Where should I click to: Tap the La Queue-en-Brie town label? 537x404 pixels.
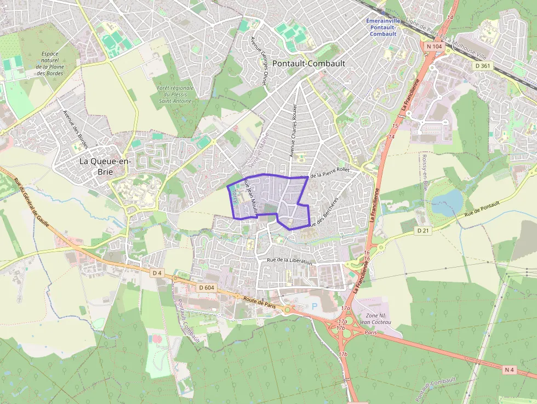(x=100, y=166)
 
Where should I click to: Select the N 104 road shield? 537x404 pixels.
(x=433, y=47)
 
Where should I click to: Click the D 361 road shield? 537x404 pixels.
(x=481, y=66)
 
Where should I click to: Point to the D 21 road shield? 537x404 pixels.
(x=422, y=231)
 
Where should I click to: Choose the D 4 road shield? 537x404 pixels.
(x=157, y=272)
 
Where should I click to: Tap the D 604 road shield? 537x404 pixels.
(x=207, y=287)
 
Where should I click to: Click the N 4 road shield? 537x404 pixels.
(x=509, y=369)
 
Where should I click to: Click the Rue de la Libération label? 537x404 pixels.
(x=289, y=261)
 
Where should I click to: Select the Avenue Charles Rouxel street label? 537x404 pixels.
(x=293, y=132)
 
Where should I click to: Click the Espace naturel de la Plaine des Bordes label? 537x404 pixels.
(x=49, y=64)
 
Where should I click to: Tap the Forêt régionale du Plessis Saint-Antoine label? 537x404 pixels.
(x=175, y=94)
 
